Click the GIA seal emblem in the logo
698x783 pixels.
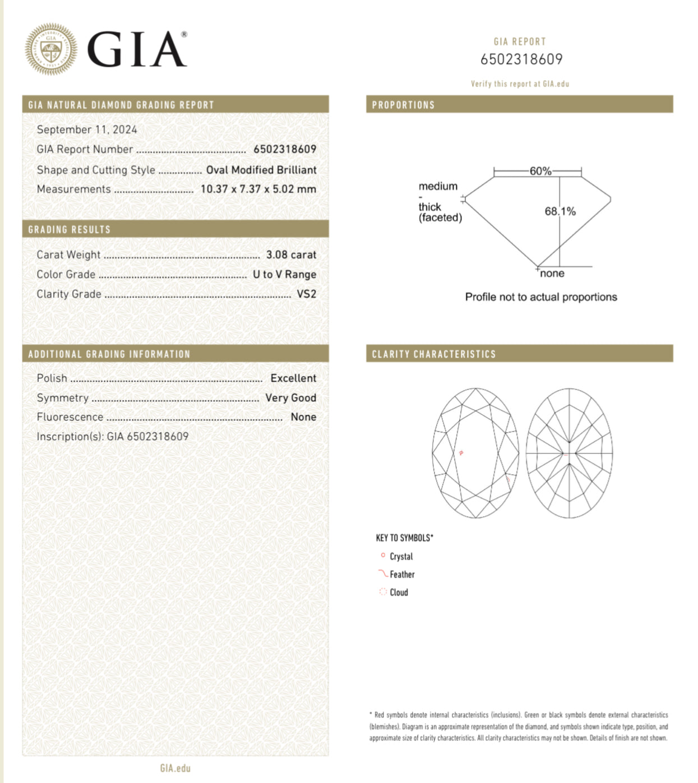(51, 49)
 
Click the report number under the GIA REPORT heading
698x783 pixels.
(521, 59)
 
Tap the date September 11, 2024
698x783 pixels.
(87, 129)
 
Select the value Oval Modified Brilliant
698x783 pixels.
(261, 170)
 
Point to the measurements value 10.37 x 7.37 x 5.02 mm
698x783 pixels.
(258, 189)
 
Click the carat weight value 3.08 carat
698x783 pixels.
(291, 254)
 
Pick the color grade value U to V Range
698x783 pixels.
(284, 274)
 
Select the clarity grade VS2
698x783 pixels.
(306, 294)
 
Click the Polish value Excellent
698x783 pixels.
(293, 378)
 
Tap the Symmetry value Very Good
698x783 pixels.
(290, 397)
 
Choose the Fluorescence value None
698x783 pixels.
(303, 417)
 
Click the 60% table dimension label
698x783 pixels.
(540, 171)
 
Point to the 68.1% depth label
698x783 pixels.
(560, 211)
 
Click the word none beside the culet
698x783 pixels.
(552, 274)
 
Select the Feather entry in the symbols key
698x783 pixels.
(402, 574)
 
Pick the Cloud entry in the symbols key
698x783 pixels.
(399, 592)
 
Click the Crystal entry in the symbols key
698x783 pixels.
(401, 557)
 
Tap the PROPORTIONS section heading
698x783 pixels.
(403, 105)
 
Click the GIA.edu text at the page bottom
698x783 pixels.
(175, 768)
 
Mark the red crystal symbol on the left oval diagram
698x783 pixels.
(461, 452)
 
